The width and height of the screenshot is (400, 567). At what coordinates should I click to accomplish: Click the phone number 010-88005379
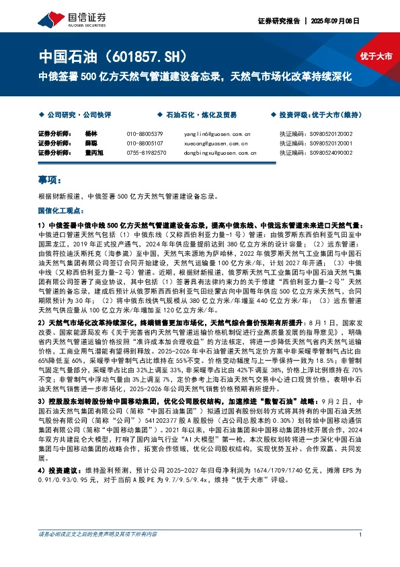[x=145, y=135]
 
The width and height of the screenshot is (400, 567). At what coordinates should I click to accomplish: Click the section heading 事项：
[x=51, y=180]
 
